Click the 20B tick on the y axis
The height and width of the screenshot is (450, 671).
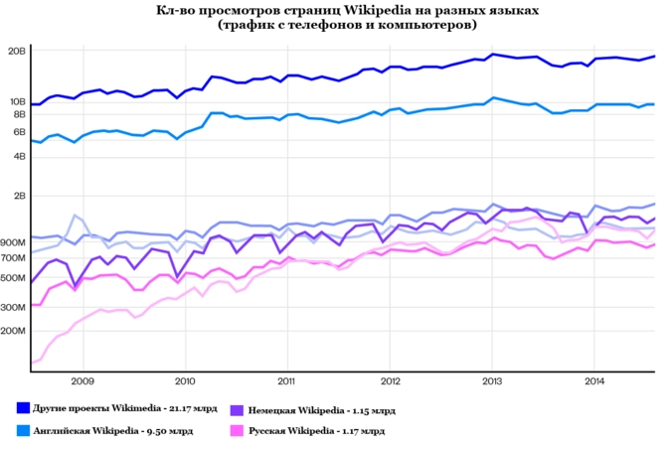point(17,50)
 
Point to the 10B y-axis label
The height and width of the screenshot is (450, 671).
point(17,101)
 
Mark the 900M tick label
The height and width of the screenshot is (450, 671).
point(14,242)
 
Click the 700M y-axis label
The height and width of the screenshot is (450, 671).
point(14,257)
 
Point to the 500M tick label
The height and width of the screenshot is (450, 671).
point(14,277)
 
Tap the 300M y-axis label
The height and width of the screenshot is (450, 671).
point(14,307)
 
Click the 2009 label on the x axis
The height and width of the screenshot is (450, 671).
point(83,380)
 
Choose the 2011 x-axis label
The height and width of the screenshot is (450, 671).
point(286,380)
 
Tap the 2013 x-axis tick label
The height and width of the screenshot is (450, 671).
point(491,380)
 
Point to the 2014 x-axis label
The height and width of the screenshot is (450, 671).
point(593,380)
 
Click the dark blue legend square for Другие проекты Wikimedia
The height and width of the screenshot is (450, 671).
point(23,408)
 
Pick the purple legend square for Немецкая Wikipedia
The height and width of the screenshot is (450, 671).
point(237,408)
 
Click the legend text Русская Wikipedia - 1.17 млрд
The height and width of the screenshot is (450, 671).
point(315,431)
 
